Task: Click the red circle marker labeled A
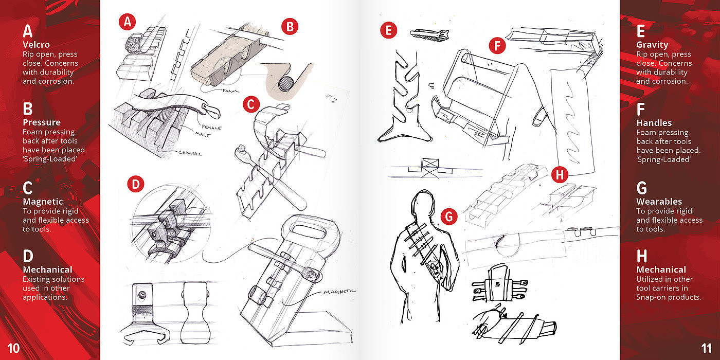point(128,22)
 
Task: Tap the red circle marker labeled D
point(136,184)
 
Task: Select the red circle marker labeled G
point(449,217)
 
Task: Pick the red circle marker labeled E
point(388,30)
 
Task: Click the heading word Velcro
point(36,45)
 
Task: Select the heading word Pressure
point(42,122)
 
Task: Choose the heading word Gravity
point(652,45)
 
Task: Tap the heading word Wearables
point(659,202)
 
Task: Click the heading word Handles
point(654,123)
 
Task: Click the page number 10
point(13,349)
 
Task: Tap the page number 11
point(707,349)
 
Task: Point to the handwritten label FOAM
point(230,91)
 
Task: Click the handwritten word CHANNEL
point(190,153)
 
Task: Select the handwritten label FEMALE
point(211,127)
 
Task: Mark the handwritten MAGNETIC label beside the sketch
point(339,292)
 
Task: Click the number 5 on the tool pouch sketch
point(498,284)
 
